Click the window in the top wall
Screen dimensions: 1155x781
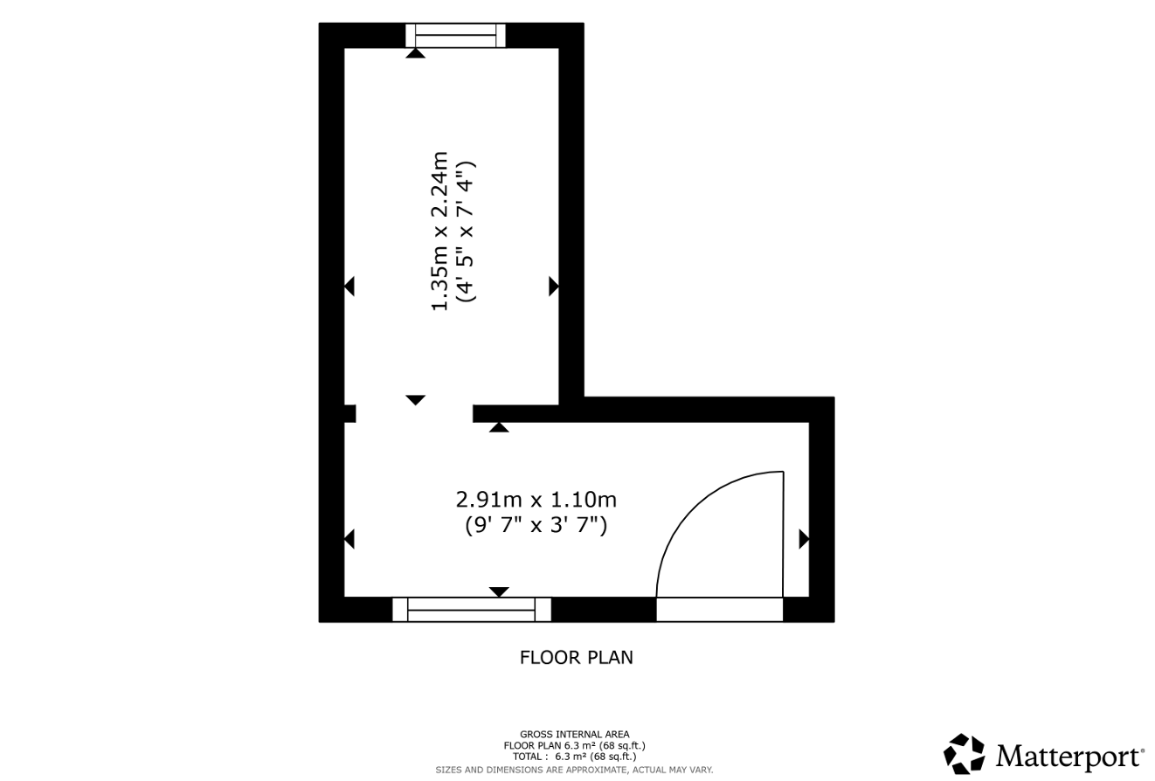(455, 35)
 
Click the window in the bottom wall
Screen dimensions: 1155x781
(471, 609)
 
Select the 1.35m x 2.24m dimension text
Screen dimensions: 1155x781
(439, 231)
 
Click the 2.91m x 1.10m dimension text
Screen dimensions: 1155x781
(536, 500)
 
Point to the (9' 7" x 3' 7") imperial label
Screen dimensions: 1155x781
(536, 525)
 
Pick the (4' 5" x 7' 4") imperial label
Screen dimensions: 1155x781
(467, 232)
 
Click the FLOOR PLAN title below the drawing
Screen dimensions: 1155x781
(576, 658)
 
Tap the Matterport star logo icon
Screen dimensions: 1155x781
(965, 754)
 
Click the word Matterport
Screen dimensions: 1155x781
(1070, 757)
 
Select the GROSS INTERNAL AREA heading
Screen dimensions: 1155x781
(574, 734)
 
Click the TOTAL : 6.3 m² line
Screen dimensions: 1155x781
(574, 757)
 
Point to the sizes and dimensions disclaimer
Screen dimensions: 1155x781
(574, 771)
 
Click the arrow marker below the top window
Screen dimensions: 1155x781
(415, 52)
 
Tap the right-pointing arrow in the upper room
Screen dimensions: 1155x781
(554, 287)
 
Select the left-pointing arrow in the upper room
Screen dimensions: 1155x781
(349, 287)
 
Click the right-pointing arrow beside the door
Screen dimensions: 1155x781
(804, 539)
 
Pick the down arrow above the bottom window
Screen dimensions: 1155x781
(499, 591)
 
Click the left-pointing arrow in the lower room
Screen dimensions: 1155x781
(349, 539)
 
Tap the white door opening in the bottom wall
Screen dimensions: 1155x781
(719, 610)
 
